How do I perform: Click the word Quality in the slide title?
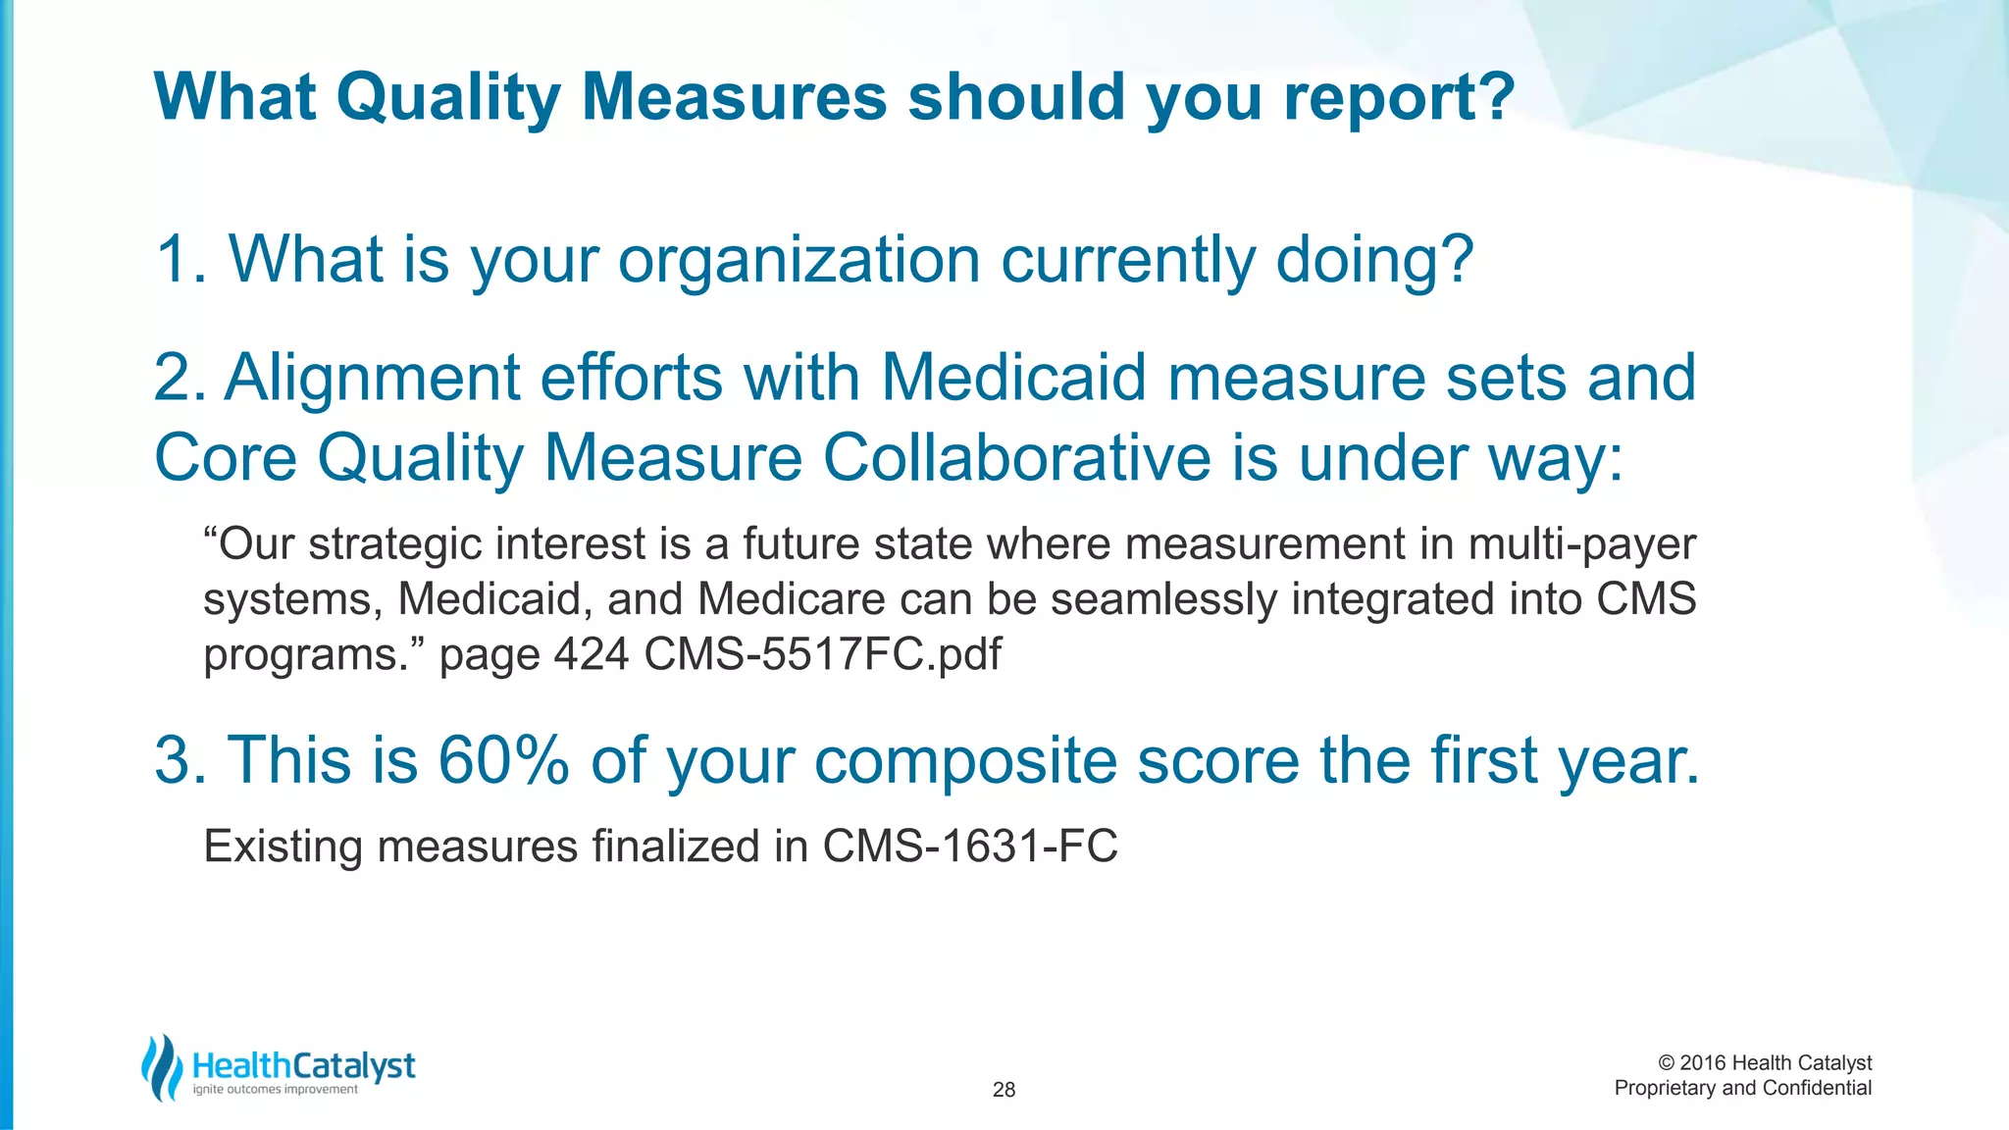(448, 98)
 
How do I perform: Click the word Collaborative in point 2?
(1017, 458)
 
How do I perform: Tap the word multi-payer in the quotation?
(1581, 544)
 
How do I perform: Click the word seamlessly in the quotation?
(1163, 599)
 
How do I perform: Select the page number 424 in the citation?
(591, 654)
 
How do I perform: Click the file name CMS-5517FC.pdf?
(822, 654)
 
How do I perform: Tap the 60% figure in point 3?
(502, 760)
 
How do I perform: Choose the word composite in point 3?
(965, 762)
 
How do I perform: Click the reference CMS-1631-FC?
(969, 847)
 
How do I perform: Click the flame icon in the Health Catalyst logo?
(162, 1068)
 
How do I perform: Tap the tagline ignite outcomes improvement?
(276, 1090)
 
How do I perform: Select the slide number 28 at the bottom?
(1004, 1090)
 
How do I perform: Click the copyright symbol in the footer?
(1666, 1063)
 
